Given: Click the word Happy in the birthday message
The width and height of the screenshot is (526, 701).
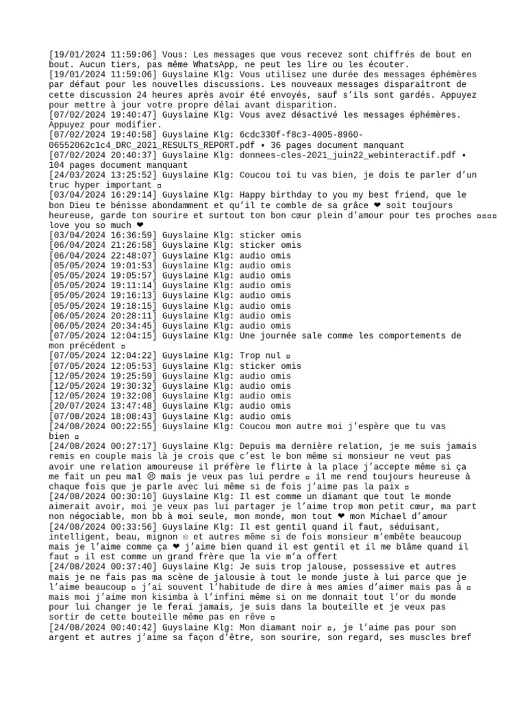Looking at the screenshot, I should [255, 195].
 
